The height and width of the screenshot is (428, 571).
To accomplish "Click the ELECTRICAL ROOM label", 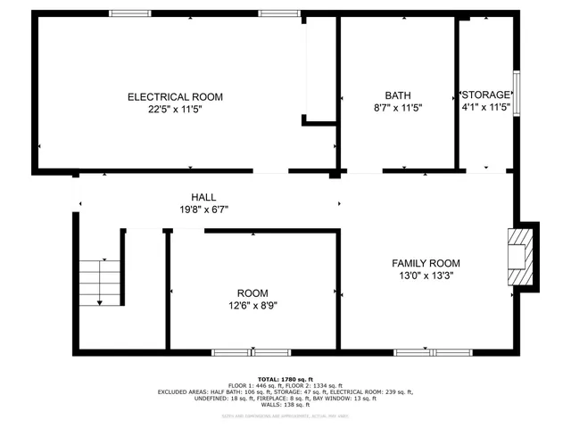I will [x=175, y=96].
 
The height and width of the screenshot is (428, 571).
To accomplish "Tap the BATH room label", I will [x=398, y=95].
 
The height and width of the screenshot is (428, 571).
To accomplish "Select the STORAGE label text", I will [x=486, y=95].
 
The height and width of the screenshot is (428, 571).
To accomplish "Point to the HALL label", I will [x=203, y=197].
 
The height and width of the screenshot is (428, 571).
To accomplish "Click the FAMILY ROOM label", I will [x=426, y=263].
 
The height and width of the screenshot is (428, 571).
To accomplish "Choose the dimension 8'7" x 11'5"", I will [x=398, y=107].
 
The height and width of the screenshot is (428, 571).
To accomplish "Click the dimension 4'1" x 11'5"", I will [x=486, y=107].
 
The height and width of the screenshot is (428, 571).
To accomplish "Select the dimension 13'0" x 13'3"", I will [x=426, y=276].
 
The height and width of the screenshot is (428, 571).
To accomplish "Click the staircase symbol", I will [x=98, y=281].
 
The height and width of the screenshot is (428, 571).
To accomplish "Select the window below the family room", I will [x=420, y=352].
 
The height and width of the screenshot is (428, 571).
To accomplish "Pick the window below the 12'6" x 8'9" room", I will [x=238, y=352].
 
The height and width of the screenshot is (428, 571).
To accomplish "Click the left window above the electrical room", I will [x=129, y=13].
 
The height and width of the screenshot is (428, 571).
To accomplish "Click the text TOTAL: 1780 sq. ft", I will [x=285, y=379].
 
